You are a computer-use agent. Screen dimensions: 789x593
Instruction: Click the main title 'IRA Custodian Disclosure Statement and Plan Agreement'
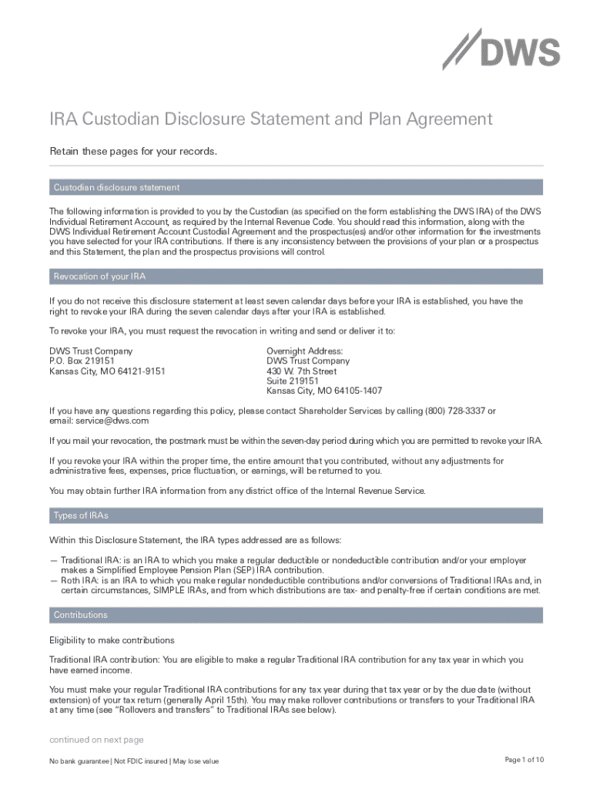pyautogui.click(x=270, y=119)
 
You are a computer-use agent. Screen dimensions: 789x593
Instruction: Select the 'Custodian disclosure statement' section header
pyautogui.click(x=116, y=187)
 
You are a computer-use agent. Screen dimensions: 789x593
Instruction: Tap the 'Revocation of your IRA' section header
pyautogui.click(x=99, y=277)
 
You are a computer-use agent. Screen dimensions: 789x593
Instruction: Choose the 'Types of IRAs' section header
pyautogui.click(x=81, y=515)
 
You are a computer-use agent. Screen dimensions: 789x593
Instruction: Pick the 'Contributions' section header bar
pyautogui.click(x=80, y=615)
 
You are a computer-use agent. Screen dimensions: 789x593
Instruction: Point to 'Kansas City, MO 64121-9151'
pyautogui.click(x=107, y=371)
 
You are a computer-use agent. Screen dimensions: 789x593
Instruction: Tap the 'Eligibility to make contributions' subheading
pyautogui.click(x=112, y=640)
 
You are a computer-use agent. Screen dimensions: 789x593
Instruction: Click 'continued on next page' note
pyautogui.click(x=96, y=740)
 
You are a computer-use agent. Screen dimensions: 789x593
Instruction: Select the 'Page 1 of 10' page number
pyautogui.click(x=524, y=760)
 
